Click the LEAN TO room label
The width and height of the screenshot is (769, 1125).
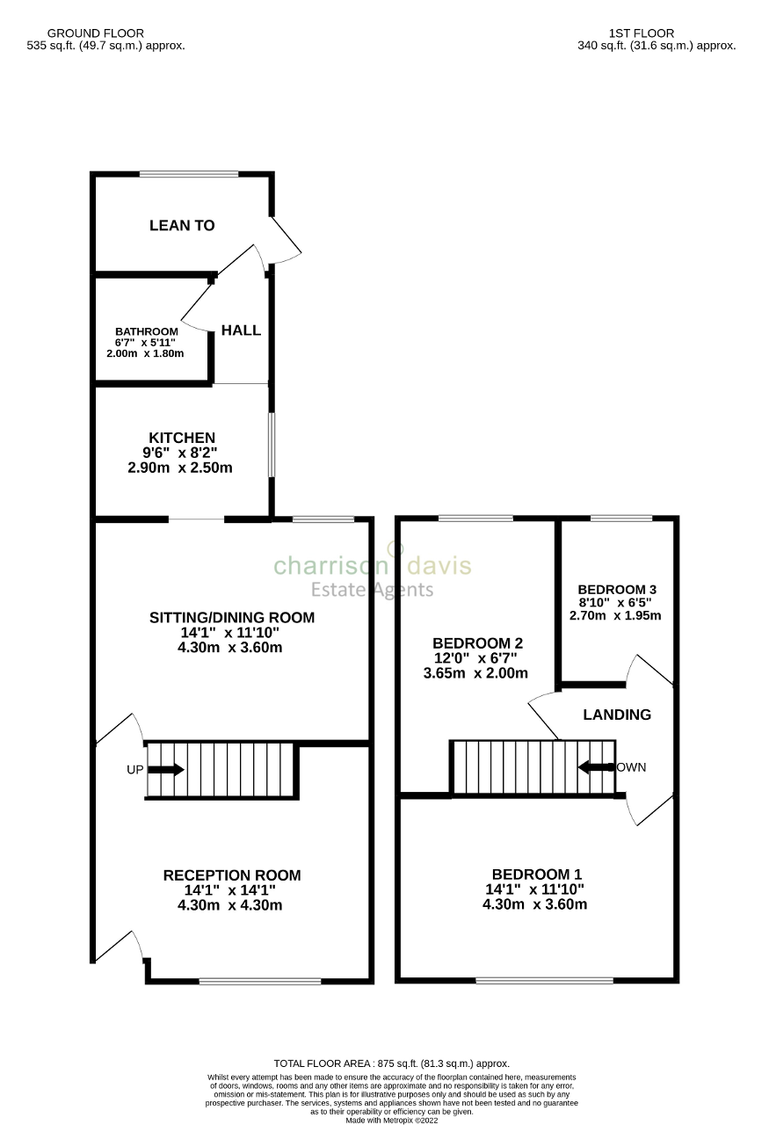click(x=182, y=226)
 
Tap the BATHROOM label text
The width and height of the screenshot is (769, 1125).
click(x=146, y=331)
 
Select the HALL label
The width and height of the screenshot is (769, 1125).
click(x=241, y=330)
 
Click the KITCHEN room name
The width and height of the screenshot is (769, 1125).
click(x=181, y=438)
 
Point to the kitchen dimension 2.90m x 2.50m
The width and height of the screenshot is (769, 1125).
click(x=180, y=468)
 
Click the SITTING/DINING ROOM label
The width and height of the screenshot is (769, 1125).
click(x=231, y=618)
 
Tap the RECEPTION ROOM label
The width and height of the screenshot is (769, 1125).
click(x=232, y=875)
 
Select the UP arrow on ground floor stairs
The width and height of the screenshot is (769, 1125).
click(x=165, y=770)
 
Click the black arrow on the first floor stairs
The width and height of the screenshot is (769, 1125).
click(x=595, y=767)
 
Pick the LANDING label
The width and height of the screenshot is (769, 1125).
click(x=617, y=715)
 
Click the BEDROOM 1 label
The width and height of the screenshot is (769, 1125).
click(x=536, y=875)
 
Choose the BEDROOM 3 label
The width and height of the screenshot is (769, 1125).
click(x=617, y=590)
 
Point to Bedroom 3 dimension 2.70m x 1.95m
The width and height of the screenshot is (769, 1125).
click(x=615, y=615)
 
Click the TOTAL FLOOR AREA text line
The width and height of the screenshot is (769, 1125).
click(x=391, y=1063)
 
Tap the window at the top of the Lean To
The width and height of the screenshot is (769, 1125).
click(x=188, y=174)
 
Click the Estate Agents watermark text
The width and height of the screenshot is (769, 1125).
click(x=374, y=590)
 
